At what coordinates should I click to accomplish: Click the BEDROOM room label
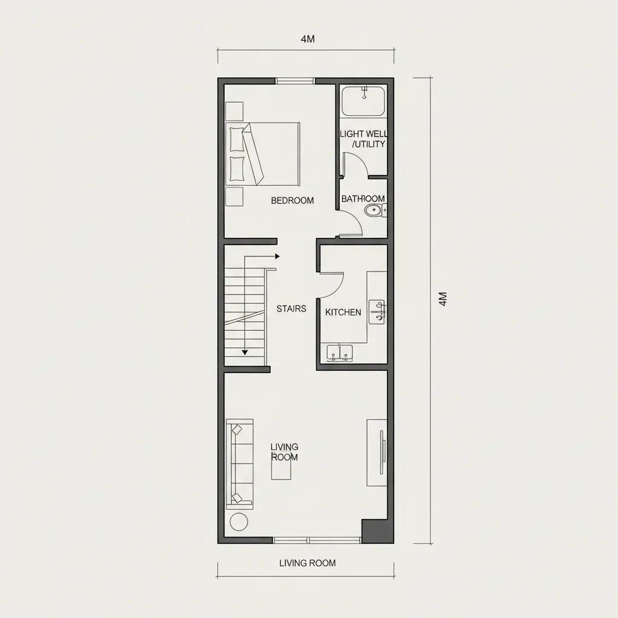coord(292,200)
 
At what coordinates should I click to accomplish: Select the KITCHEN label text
coord(343,312)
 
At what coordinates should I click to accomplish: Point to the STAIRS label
coord(291,308)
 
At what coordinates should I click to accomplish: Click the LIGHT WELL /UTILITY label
coord(364,139)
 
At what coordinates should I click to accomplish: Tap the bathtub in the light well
coord(363,101)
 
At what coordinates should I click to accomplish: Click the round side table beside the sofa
coord(239,522)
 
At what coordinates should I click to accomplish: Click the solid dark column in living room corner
coord(378,531)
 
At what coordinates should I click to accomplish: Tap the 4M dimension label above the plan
coord(308,39)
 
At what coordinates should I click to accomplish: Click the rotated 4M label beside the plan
coord(442,299)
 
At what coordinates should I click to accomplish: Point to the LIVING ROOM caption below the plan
coord(307,563)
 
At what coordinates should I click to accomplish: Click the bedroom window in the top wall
coord(295,81)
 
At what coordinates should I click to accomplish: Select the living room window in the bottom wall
coord(317,540)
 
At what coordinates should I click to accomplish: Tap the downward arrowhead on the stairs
coord(245,352)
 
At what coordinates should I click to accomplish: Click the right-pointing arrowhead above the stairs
coord(278,256)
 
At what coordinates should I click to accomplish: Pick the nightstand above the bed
coord(234,111)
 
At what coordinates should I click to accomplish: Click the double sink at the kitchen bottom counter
coord(339,352)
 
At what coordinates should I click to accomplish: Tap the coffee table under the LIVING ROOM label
coord(281,469)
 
